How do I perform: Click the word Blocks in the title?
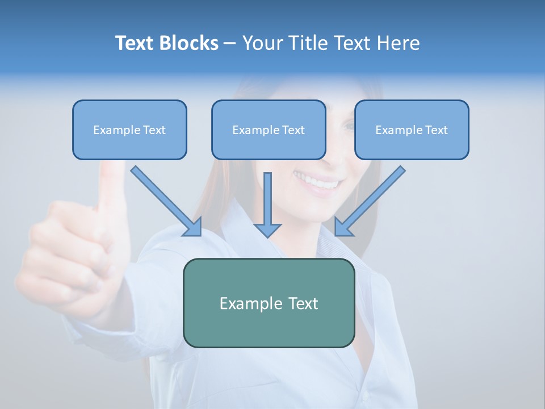coord(188,43)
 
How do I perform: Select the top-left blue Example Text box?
coord(129,130)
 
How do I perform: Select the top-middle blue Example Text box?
coord(269,130)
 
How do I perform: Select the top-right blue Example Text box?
coord(412,130)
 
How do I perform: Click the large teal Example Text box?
coord(269,303)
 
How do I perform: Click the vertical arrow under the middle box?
coord(267,199)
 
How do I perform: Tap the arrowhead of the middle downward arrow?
coord(267,230)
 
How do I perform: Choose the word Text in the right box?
coord(436,130)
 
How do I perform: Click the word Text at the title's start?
coord(135,43)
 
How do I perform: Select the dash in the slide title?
coord(230,43)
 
